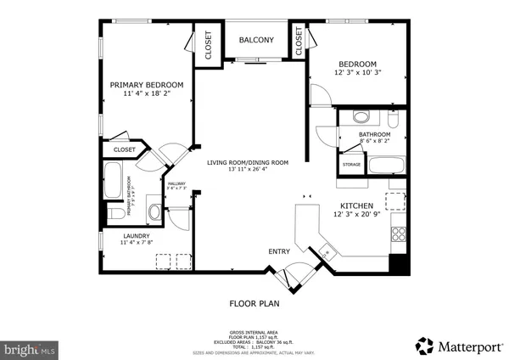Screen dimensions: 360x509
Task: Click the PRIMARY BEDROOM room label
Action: tap(147, 85)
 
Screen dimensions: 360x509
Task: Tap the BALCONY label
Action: tap(255, 40)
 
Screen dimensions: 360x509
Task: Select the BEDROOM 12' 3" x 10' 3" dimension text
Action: tap(363, 73)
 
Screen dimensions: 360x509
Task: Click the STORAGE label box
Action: tap(351, 164)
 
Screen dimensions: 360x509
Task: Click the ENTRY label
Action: tap(279, 251)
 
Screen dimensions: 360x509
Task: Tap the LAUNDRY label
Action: tap(136, 236)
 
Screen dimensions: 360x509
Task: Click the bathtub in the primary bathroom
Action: tap(113, 180)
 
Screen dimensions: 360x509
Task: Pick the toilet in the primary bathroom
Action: tap(114, 214)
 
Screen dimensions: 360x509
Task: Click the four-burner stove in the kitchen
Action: tap(397, 233)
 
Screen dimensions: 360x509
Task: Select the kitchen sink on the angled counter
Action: tap(326, 252)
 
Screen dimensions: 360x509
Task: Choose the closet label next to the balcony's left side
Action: tap(205, 47)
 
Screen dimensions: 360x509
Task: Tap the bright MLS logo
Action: tap(30, 348)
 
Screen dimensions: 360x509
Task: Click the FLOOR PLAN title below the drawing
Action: tap(255, 302)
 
